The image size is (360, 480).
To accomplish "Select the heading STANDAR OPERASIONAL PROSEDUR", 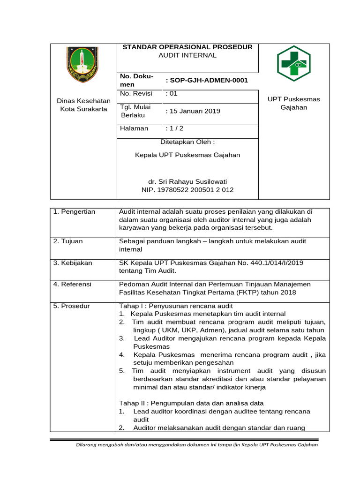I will click(x=187, y=47).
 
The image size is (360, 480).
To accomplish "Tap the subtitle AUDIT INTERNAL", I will click(x=187, y=55).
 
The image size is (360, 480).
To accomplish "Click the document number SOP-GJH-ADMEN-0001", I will click(x=207, y=80).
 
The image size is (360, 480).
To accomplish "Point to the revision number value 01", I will click(x=172, y=93).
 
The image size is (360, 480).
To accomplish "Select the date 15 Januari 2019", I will click(x=193, y=111).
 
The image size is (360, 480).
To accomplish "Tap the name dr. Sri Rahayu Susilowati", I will click(x=187, y=181).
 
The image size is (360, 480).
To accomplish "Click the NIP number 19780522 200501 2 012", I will click(x=187, y=190).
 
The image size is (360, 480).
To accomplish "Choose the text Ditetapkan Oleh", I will click(x=187, y=142).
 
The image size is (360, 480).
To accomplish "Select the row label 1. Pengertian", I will click(x=74, y=212).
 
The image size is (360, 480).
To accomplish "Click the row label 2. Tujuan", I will click(x=68, y=241).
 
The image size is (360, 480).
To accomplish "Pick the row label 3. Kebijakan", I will click(x=73, y=263).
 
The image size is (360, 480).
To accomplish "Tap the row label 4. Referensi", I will click(x=73, y=284).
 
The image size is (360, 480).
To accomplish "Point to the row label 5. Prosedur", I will click(x=72, y=306).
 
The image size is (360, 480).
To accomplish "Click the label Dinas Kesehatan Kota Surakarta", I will click(x=83, y=105).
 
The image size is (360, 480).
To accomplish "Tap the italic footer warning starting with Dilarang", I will click(x=197, y=445).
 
